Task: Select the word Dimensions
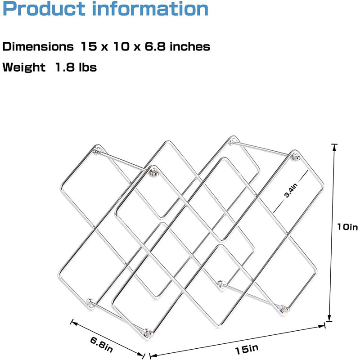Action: click(x=38, y=46)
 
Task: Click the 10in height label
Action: click(x=347, y=228)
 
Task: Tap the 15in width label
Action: click(x=247, y=347)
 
